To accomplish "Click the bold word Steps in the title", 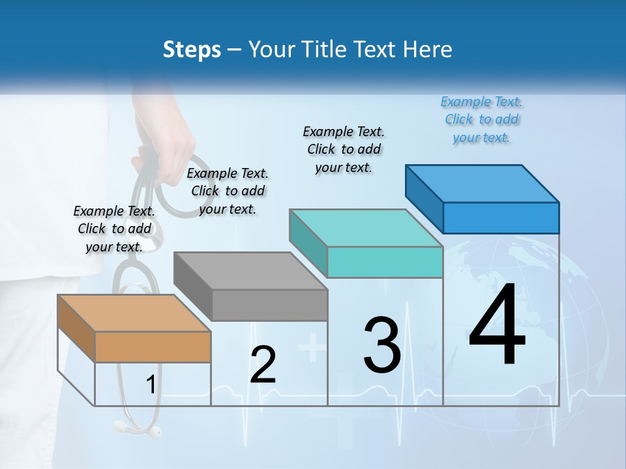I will coord(192,50).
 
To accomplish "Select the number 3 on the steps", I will coord(382,345).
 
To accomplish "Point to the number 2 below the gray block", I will coord(263,365).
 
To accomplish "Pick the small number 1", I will coord(151,385).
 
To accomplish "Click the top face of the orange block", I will coord(134,313).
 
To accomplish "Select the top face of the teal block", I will coord(365,228).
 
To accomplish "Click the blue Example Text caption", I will coord(481,120).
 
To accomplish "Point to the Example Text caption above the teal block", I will coord(344,149).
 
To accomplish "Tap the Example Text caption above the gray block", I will coord(228,191).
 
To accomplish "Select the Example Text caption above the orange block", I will coord(114,229).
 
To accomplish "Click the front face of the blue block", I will coord(501,218).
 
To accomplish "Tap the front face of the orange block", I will coord(153,347).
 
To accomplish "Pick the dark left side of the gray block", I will coord(193,286).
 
